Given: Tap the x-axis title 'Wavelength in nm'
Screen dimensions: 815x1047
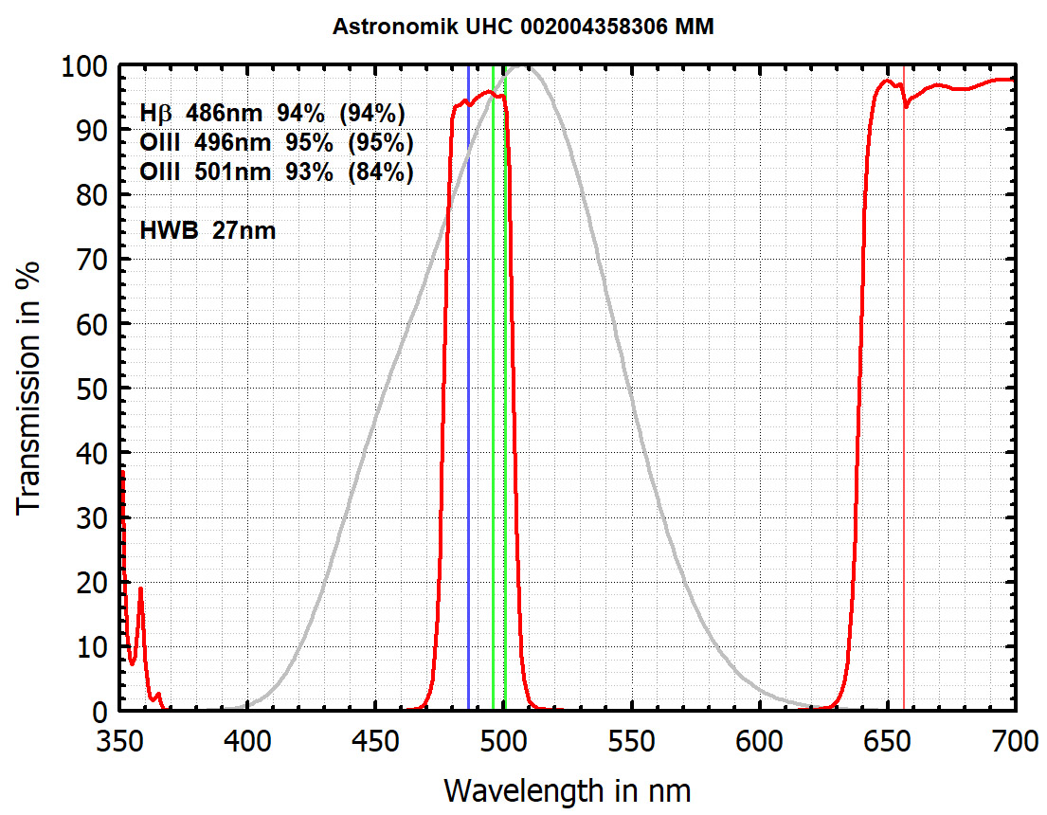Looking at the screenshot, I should pos(567,788).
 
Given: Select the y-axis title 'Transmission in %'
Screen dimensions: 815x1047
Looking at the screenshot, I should pos(28,389).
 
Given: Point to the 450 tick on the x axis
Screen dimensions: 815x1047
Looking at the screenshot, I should pos(375,739).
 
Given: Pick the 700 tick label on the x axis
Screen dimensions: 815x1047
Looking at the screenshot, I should pos(1014,739).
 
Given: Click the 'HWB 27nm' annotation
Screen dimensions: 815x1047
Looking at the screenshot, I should pos(208,229).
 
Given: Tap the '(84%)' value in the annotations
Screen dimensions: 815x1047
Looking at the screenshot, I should pos(381,172).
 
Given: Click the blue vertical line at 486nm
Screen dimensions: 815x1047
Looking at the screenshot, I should pos(468,379).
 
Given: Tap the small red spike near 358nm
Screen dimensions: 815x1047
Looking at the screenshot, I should pos(140,589).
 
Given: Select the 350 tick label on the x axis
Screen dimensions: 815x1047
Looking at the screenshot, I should pos(120,739).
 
